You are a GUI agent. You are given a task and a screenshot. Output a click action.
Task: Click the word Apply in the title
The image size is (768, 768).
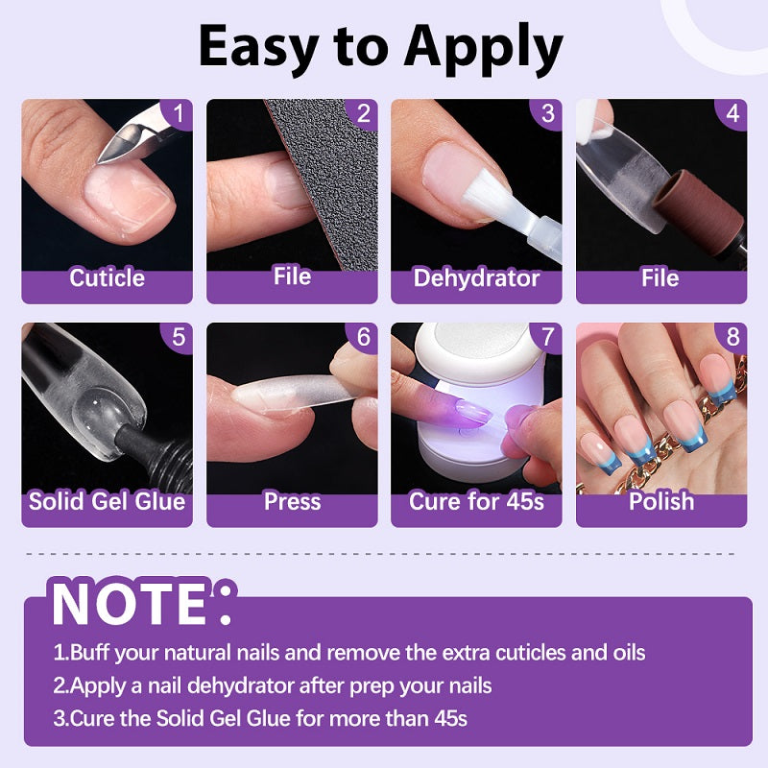click(x=483, y=48)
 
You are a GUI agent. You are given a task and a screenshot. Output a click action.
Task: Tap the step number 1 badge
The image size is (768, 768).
click(x=178, y=113)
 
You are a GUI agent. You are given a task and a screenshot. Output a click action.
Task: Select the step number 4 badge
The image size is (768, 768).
click(x=732, y=113)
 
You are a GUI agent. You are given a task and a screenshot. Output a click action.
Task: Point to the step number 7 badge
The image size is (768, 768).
click(x=547, y=337)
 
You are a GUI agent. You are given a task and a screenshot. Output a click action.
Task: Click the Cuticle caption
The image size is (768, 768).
click(x=107, y=277)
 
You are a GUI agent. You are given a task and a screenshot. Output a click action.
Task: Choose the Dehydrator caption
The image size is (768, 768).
click(x=476, y=277)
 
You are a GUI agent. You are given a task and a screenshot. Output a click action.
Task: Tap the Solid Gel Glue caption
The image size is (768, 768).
click(x=107, y=501)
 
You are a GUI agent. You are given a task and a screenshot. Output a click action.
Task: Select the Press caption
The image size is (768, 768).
click(x=292, y=501)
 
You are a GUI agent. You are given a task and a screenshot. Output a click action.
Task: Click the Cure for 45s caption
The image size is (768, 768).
click(x=476, y=501)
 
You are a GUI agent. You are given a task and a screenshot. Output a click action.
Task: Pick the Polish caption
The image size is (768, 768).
click(x=661, y=501)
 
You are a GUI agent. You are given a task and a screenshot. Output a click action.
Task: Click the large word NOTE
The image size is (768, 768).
click(x=130, y=604)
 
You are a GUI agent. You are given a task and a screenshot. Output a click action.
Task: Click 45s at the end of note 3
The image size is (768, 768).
click(x=450, y=718)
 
